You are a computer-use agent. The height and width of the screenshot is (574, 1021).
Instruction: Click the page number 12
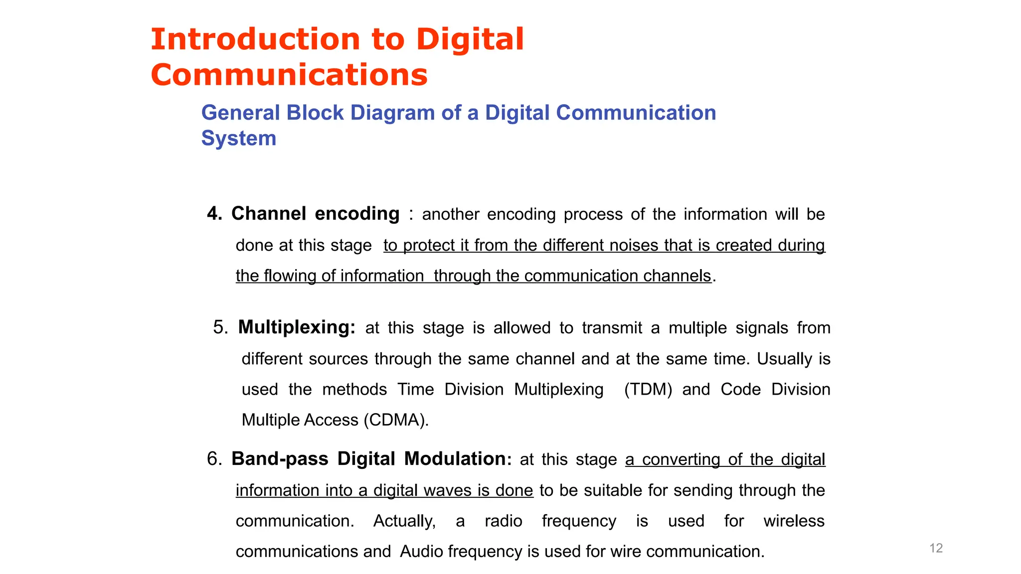pyautogui.click(x=936, y=548)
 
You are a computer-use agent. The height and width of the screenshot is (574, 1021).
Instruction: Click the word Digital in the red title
pyautogui.click(x=470, y=39)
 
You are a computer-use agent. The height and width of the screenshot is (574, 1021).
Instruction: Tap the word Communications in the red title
pyautogui.click(x=289, y=75)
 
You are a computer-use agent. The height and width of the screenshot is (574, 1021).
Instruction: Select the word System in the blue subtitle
pyautogui.click(x=238, y=138)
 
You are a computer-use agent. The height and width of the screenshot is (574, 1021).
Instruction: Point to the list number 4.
pyautogui.click(x=214, y=214)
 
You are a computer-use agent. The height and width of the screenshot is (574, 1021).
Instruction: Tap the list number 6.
pyautogui.click(x=214, y=459)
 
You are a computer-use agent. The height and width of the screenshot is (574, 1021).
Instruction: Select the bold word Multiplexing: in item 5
pyautogui.click(x=297, y=327)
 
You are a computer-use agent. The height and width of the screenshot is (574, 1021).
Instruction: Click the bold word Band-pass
pyautogui.click(x=280, y=459)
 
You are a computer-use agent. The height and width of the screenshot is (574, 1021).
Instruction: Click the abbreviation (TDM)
pyautogui.click(x=648, y=389)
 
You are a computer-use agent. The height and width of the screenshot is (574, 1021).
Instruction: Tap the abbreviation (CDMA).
pyautogui.click(x=396, y=420)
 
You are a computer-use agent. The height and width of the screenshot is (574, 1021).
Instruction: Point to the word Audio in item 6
pyautogui.click(x=421, y=552)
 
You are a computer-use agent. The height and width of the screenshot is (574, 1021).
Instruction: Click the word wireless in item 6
pyautogui.click(x=794, y=521)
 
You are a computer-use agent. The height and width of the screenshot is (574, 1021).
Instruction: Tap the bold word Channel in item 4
pyautogui.click(x=269, y=214)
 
